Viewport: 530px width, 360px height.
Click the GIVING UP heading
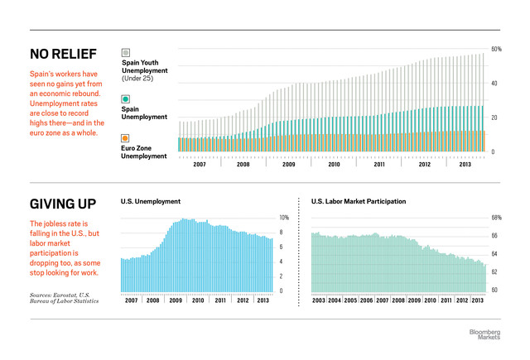click(63, 204)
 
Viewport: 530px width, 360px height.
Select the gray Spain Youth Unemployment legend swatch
click(125, 52)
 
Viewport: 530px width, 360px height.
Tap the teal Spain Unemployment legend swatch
click(125, 98)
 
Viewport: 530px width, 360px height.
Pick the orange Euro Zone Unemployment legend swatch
click(125, 137)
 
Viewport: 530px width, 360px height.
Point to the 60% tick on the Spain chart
click(497, 50)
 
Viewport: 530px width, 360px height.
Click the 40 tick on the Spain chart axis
click(495, 84)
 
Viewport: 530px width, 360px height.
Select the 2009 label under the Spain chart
click(288, 165)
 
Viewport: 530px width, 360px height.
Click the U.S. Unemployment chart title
click(151, 201)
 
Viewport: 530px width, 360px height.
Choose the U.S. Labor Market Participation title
click(359, 201)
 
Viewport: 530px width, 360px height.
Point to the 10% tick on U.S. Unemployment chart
click(282, 218)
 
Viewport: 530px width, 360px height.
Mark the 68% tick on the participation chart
click(497, 218)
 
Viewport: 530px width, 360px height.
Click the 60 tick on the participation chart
click(495, 290)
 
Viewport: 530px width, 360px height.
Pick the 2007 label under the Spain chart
click(200, 165)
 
